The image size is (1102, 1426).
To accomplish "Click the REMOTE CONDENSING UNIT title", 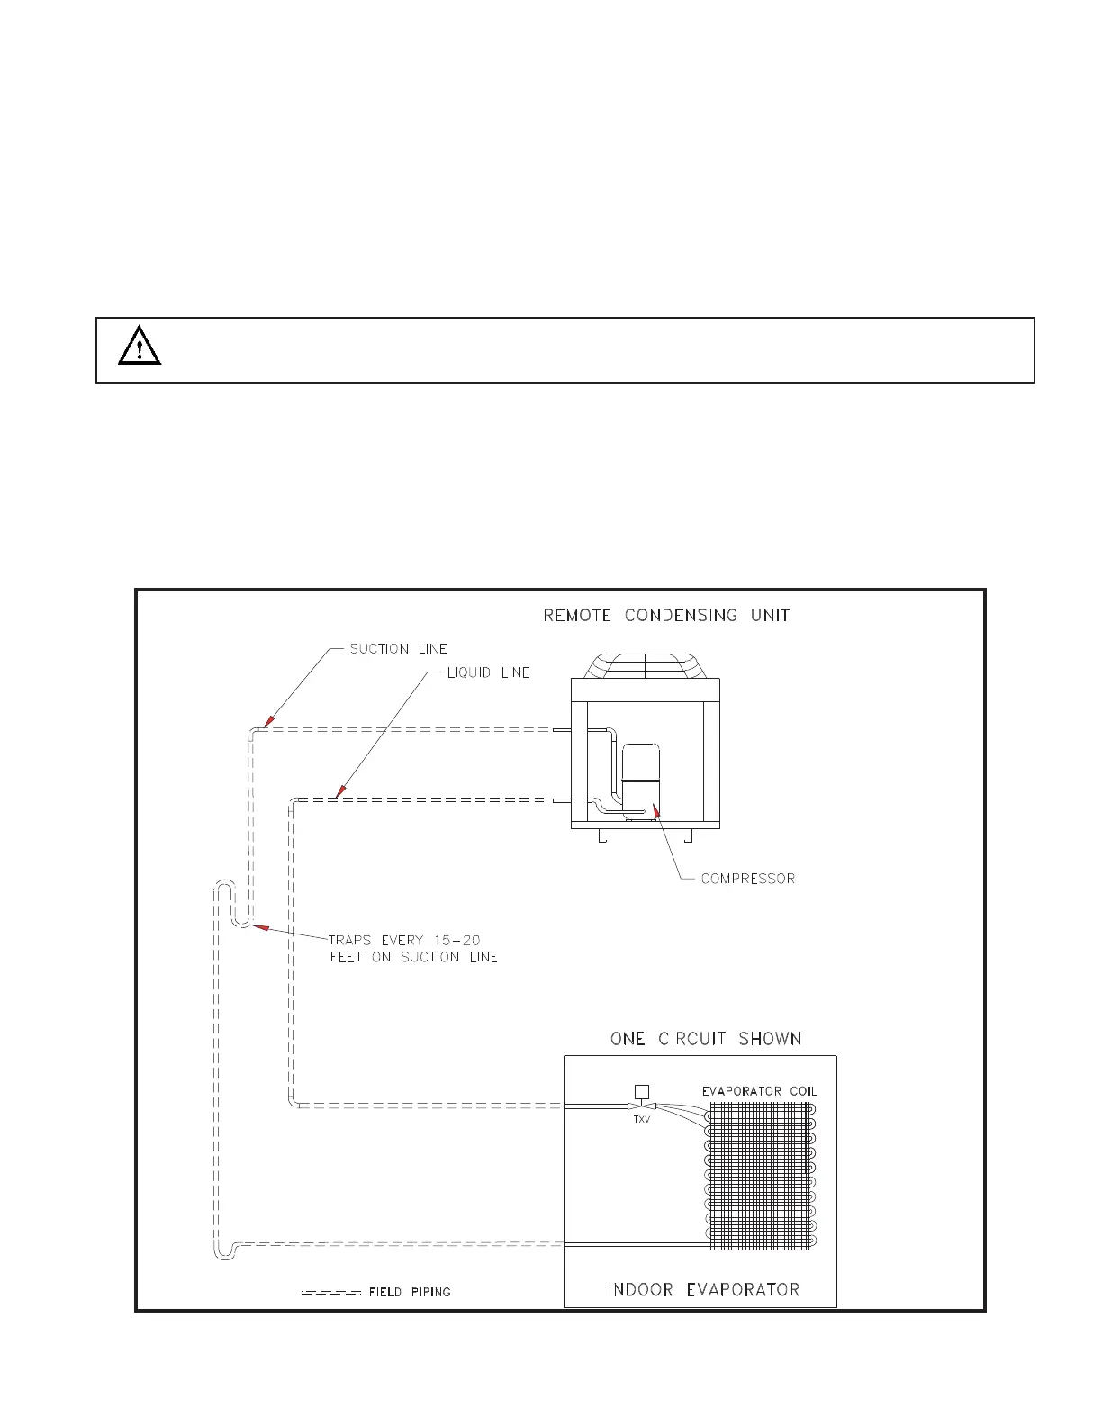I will coord(666,616).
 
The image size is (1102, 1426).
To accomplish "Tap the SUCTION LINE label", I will coord(398,649).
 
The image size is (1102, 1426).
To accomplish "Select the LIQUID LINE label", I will coord(488,673).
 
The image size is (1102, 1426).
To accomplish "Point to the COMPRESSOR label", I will coord(747,879).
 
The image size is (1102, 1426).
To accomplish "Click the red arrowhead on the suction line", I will coord(266,722).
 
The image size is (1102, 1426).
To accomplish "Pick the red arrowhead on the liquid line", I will coord(339,792).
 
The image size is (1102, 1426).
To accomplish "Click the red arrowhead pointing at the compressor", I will coord(658,813).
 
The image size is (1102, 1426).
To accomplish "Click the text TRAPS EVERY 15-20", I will coord(404,941).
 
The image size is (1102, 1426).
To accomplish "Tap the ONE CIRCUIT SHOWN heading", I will coord(706,1039).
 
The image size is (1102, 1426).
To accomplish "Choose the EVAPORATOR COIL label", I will coord(760,1092).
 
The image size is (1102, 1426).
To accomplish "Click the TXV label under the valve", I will coord(641,1120).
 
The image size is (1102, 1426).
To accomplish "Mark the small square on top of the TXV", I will coord(641,1092).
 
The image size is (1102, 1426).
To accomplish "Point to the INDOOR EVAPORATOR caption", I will coord(703,1290).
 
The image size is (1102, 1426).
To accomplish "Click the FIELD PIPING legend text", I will coord(410,1292).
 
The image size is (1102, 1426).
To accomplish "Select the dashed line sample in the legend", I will coord(330,1293).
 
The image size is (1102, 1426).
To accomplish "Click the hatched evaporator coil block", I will coord(759,1176).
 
